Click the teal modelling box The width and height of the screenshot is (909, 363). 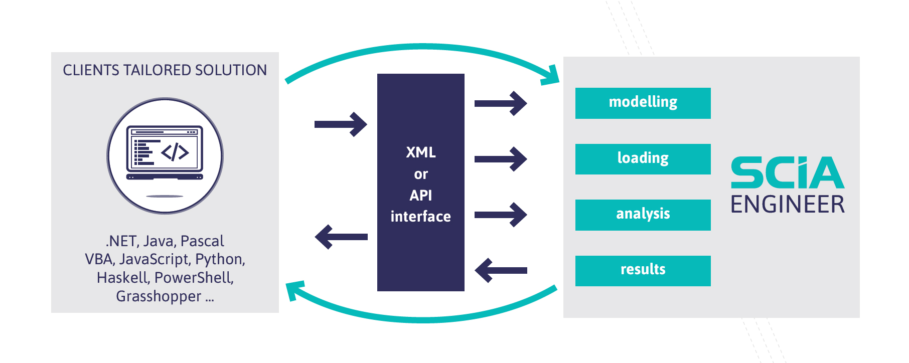(x=643, y=103)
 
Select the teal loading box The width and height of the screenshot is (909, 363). (x=643, y=159)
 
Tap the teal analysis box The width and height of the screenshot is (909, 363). (x=643, y=215)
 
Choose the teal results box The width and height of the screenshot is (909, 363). (x=643, y=271)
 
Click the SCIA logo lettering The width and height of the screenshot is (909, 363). (x=788, y=172)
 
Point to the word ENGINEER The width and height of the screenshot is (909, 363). (x=788, y=205)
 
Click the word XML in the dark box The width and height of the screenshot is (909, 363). (x=421, y=152)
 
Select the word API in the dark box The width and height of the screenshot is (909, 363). (x=421, y=195)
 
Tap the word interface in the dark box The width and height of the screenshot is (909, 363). (x=421, y=217)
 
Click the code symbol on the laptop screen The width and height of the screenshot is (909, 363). (x=175, y=152)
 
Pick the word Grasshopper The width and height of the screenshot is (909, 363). (x=159, y=296)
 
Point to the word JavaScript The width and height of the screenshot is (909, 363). (x=155, y=259)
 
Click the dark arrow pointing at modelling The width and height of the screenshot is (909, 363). (x=501, y=104)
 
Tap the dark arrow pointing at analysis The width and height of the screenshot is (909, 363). (x=501, y=215)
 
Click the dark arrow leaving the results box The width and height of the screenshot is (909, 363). (x=501, y=271)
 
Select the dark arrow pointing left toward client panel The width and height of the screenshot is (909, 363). (x=341, y=237)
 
